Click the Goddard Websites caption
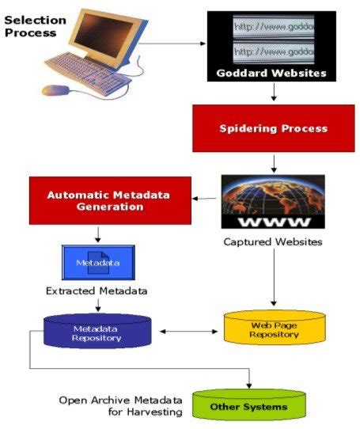271,74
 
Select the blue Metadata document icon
97,262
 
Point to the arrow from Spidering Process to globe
273,164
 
